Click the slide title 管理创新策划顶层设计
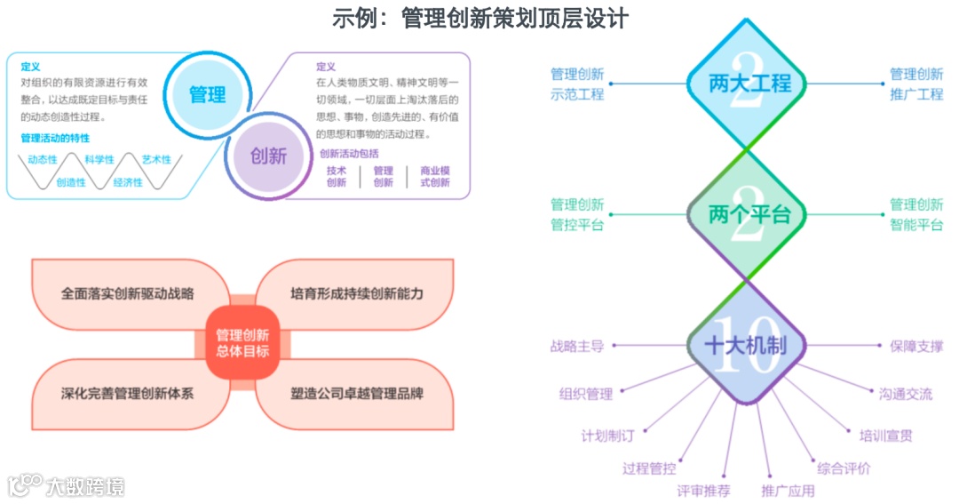479,18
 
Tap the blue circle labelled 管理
207,94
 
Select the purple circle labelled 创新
267,156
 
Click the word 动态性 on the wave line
43,160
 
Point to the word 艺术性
155,160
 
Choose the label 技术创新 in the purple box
337,176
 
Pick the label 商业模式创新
434,176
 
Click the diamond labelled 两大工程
749,84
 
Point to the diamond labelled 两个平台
749,215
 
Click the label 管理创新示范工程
576,84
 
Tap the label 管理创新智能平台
916,215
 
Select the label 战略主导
576,346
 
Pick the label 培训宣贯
885,436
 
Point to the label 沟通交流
906,394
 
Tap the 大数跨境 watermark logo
67,485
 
